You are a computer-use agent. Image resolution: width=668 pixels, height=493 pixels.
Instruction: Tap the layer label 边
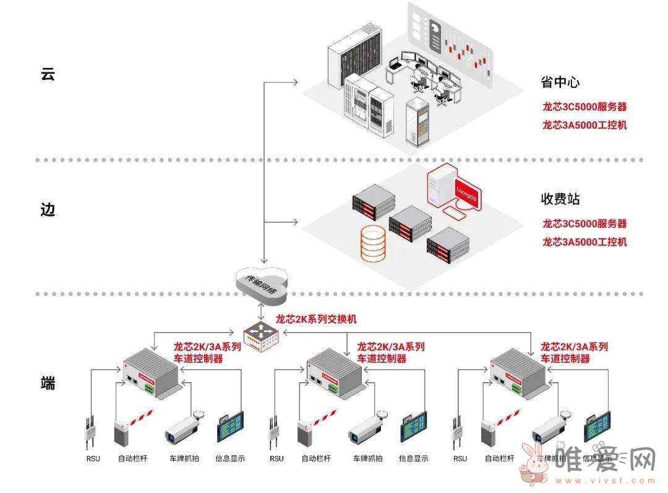click(x=48, y=209)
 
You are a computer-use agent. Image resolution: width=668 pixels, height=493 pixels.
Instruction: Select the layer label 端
click(x=48, y=382)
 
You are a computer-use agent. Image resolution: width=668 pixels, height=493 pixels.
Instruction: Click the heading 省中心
click(x=560, y=82)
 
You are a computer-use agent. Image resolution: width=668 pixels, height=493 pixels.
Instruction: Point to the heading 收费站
click(x=560, y=199)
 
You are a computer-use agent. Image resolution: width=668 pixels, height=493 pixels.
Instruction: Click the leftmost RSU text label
click(x=93, y=459)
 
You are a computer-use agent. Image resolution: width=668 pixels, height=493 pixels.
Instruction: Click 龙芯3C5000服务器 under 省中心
click(x=584, y=107)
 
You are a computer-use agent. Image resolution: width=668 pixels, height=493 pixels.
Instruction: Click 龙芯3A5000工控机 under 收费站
click(x=584, y=242)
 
